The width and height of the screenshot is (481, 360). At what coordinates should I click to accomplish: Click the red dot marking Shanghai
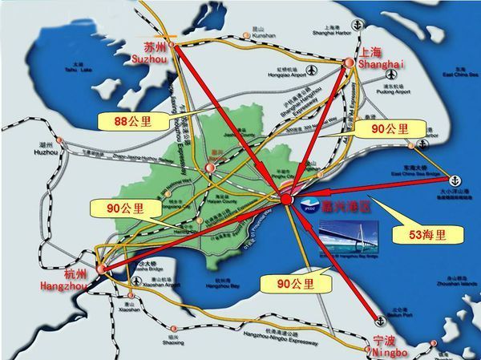coord(348,62)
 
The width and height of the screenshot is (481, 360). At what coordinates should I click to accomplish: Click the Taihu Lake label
coord(76,68)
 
